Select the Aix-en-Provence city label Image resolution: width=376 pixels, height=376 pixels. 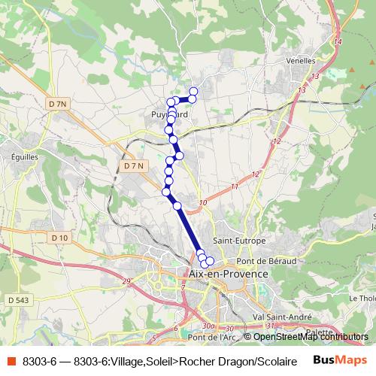pos(229,274)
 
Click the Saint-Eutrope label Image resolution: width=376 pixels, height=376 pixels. pos(240,241)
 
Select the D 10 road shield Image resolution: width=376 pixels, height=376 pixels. pos(60,238)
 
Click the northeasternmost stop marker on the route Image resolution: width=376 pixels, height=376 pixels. pos(193,92)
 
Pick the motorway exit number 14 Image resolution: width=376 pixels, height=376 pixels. pos(338,41)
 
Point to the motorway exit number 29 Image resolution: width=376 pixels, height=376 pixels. pos(126,280)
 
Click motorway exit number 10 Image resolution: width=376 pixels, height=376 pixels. pos(203,203)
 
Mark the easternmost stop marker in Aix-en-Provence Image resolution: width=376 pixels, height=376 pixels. pos(210,261)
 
